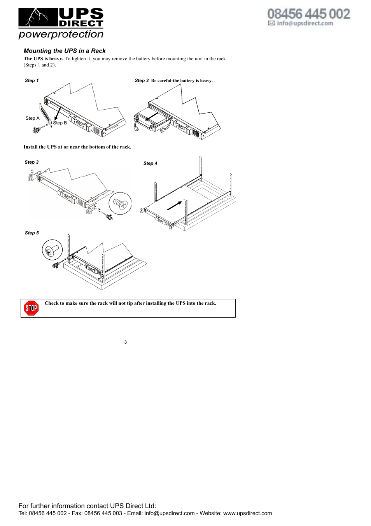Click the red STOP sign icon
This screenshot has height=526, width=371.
31,308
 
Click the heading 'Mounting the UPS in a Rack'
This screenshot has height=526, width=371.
65,51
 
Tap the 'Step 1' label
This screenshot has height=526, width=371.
32,80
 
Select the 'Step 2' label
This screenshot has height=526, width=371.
142,80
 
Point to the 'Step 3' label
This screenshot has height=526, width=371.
32,162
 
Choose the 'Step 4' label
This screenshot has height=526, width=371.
150,163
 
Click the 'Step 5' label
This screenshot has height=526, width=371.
32,233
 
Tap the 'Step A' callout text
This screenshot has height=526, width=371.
33,118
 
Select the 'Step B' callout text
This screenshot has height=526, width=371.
60,123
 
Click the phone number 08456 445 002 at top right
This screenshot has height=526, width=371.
309,14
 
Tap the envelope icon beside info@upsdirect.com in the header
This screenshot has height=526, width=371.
271,23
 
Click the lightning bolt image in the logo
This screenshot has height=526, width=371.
38,17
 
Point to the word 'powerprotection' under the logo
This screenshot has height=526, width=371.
61,34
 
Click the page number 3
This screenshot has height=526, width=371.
126,342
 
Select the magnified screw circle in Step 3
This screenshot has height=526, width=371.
120,203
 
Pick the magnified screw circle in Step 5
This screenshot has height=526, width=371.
52,250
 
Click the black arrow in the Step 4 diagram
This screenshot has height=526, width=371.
175,205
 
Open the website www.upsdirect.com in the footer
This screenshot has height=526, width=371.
247,513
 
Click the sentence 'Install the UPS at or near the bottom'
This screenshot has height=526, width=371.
77,147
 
